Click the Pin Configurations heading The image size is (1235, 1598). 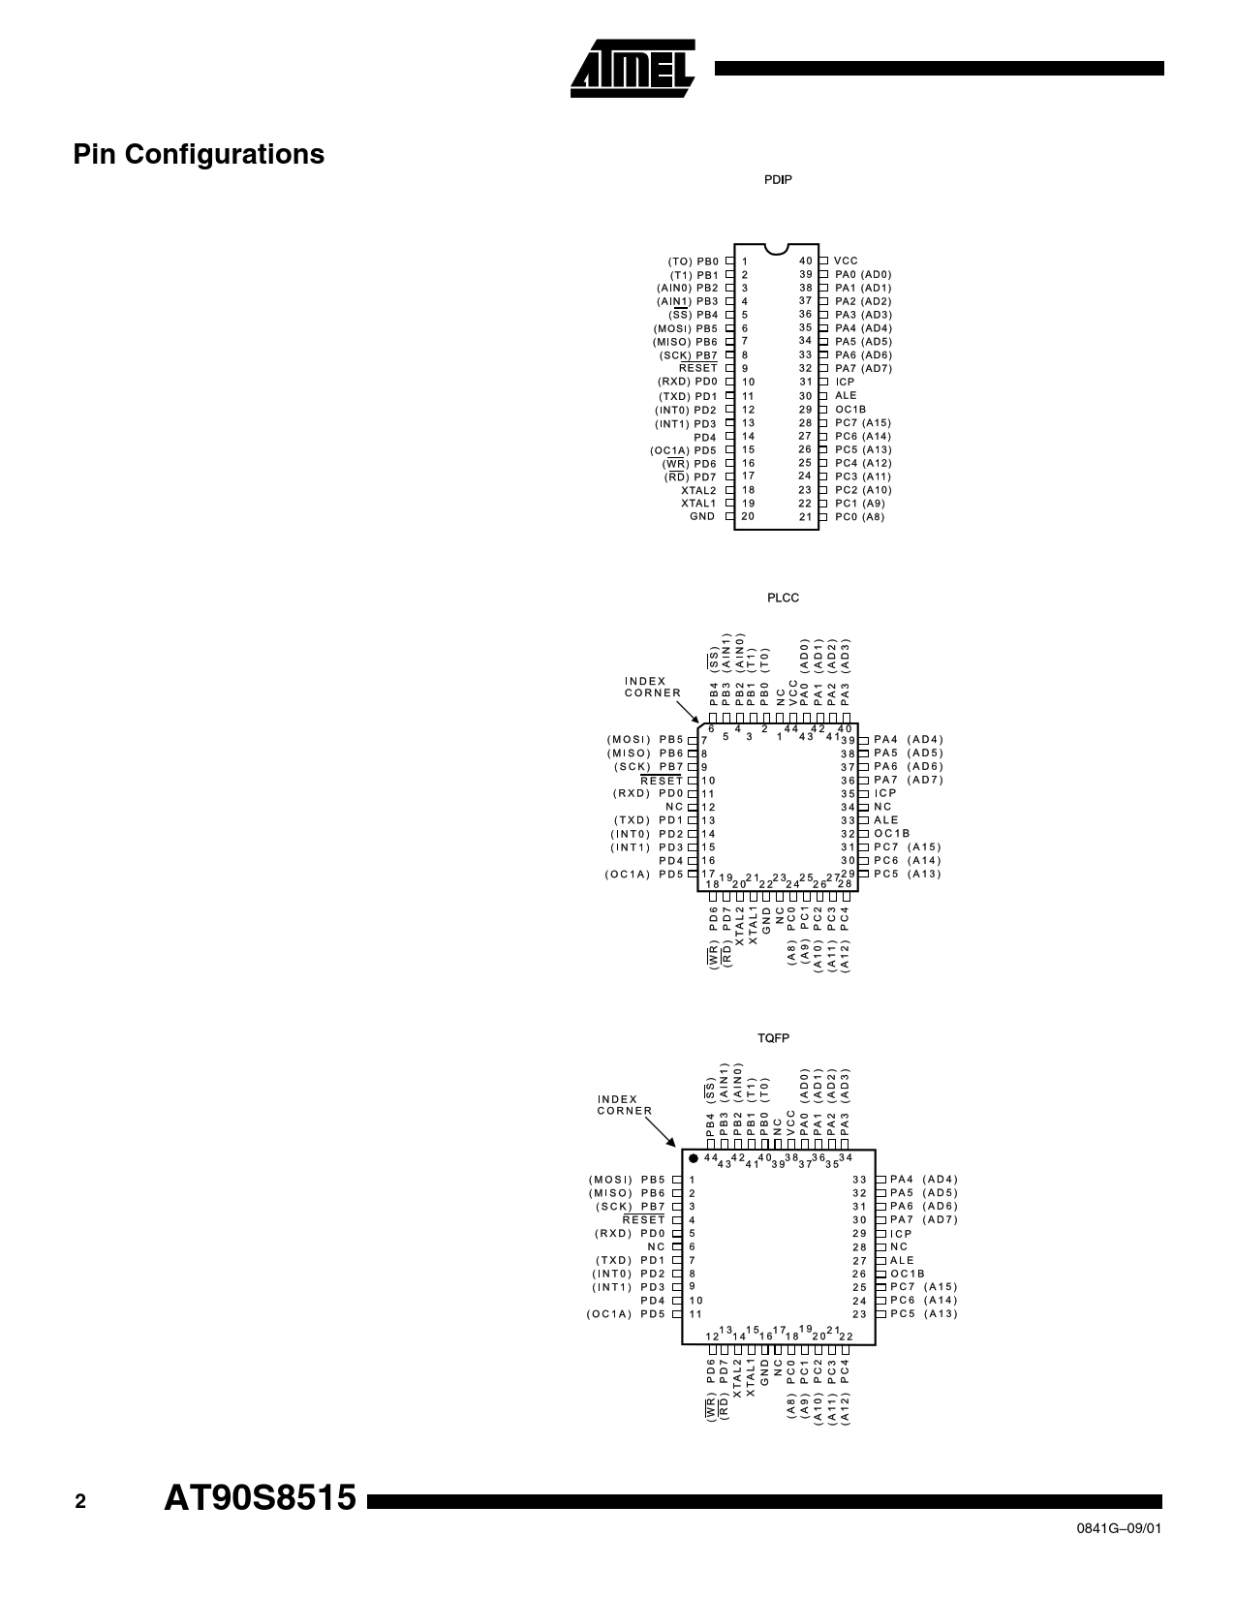[x=199, y=154]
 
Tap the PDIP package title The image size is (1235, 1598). [x=778, y=180]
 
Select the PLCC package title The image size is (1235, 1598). [x=783, y=598]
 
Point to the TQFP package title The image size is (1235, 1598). [x=773, y=1038]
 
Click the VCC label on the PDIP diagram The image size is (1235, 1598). [x=846, y=261]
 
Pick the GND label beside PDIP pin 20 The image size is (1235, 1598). [x=702, y=516]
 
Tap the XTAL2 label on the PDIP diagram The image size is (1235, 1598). [x=698, y=490]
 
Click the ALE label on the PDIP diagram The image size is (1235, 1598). [x=846, y=396]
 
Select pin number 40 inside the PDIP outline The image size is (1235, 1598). [x=806, y=261]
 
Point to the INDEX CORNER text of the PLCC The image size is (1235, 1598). [x=653, y=687]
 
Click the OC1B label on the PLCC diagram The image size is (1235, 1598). [x=891, y=833]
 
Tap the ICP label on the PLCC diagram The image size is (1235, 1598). [x=885, y=793]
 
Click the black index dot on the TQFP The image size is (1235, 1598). [x=693, y=1158]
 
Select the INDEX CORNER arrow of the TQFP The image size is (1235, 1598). [x=661, y=1132]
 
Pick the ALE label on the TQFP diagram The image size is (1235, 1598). [x=902, y=1260]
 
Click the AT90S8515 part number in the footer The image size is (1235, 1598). [x=260, y=1498]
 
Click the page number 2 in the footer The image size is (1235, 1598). [x=80, y=1502]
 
